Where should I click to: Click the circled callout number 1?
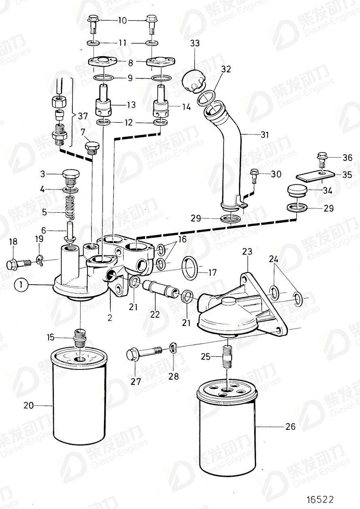[x=21, y=285]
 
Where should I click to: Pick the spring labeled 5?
[x=70, y=207]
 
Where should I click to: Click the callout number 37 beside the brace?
[x=83, y=116]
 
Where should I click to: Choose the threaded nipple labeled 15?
[x=80, y=340]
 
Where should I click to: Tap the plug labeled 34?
[x=297, y=190]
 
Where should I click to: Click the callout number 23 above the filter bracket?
[x=247, y=252]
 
